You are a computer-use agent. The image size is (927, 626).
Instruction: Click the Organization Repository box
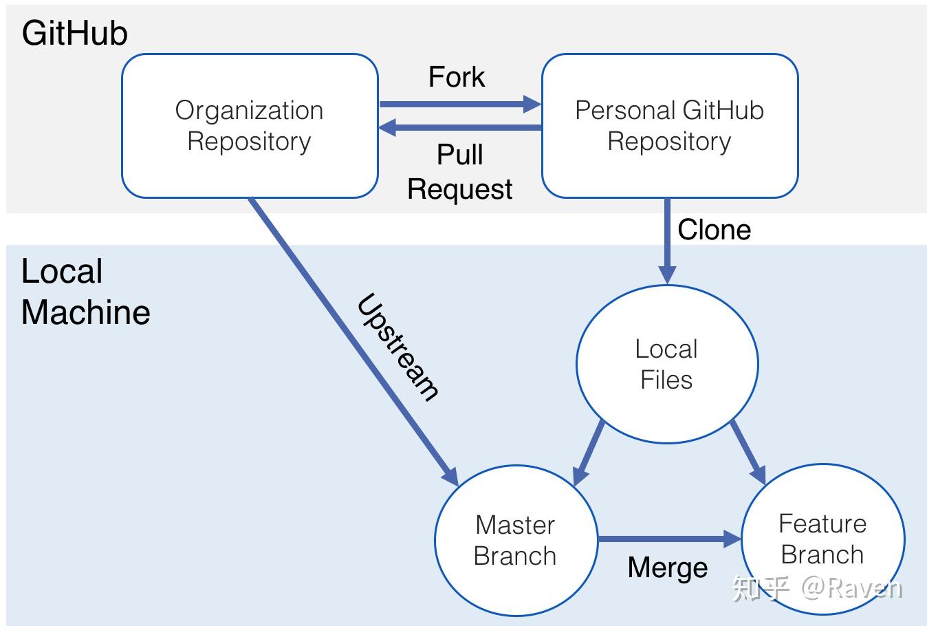(250, 126)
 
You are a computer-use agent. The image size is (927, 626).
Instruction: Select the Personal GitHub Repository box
(669, 126)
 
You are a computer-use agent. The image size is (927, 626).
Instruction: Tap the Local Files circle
(666, 364)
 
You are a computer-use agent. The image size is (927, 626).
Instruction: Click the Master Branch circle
(515, 540)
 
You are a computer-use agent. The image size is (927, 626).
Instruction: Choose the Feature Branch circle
(822, 539)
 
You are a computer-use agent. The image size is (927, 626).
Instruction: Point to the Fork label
(457, 77)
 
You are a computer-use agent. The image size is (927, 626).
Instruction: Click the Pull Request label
(459, 172)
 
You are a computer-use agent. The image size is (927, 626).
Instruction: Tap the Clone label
(714, 230)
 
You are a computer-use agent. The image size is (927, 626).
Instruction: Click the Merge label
(668, 568)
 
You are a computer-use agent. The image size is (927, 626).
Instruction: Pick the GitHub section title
(74, 33)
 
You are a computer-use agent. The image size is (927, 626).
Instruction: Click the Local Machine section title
(85, 292)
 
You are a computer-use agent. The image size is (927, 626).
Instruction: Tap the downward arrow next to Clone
(666, 241)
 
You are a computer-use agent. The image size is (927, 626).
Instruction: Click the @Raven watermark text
(851, 588)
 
